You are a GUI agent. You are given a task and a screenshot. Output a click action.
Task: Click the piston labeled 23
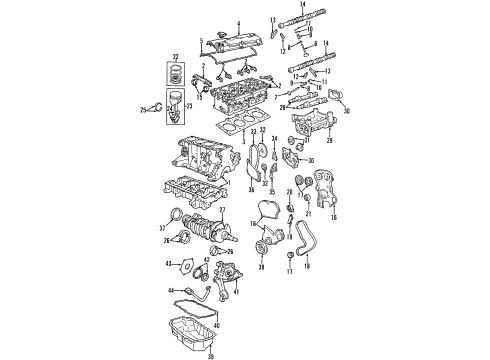tap(176, 99)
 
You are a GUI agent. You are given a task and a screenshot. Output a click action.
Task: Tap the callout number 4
tap(237, 21)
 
